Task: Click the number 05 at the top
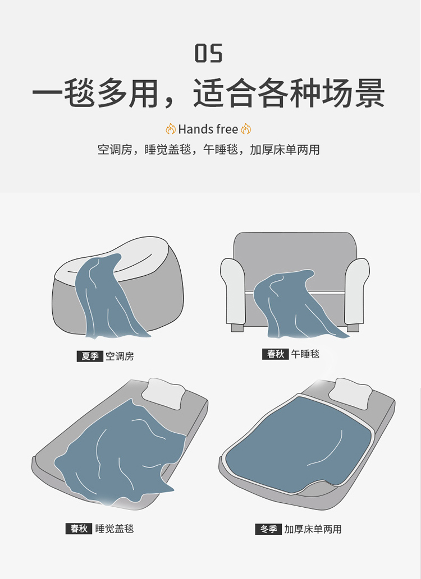click(x=209, y=53)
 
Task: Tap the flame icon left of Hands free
click(x=171, y=129)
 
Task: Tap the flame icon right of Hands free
click(x=246, y=129)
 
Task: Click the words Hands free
click(x=208, y=129)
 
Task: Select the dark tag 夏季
click(x=90, y=356)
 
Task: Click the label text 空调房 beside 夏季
click(x=120, y=356)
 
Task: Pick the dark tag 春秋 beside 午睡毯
click(x=275, y=354)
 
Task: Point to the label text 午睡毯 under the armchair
click(x=305, y=354)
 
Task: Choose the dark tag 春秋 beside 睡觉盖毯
click(x=79, y=529)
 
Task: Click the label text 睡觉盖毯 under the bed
click(x=115, y=529)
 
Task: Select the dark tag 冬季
click(x=268, y=529)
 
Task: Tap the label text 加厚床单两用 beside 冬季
click(x=313, y=529)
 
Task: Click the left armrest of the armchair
click(x=233, y=291)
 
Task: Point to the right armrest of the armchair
click(x=357, y=291)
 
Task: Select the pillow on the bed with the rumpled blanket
click(x=163, y=393)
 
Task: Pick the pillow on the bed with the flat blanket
click(x=350, y=393)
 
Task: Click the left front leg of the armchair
click(x=237, y=328)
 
